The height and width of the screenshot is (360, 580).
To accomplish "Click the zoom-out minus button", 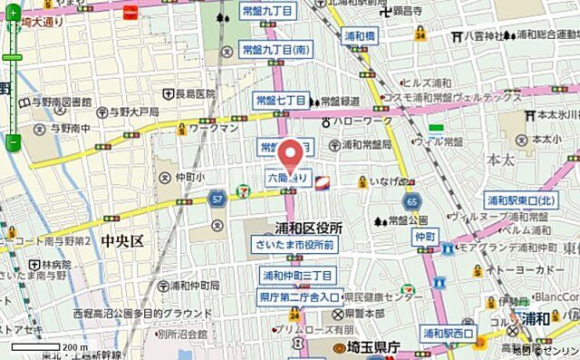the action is (x=13, y=142).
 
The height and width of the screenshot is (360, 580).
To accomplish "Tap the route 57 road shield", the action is (x=217, y=196).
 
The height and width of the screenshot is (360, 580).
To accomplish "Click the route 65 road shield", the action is (x=413, y=200).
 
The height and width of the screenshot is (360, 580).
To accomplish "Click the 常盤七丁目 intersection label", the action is (x=280, y=100).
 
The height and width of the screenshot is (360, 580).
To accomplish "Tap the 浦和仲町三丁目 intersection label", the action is (x=298, y=274).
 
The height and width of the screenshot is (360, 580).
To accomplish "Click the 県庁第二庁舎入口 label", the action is (x=298, y=297).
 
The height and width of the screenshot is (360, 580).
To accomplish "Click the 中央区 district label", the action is (x=123, y=241).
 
